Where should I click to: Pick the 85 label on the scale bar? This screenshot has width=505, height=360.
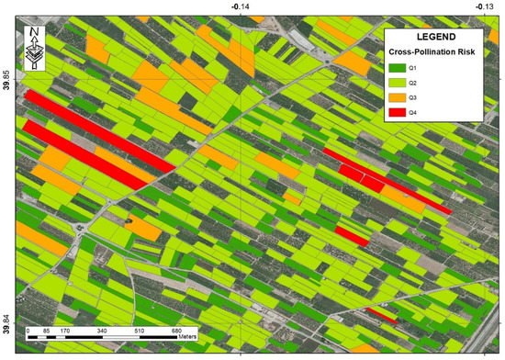click(x=46, y=331)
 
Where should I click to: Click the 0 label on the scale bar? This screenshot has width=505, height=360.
click(x=28, y=331)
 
